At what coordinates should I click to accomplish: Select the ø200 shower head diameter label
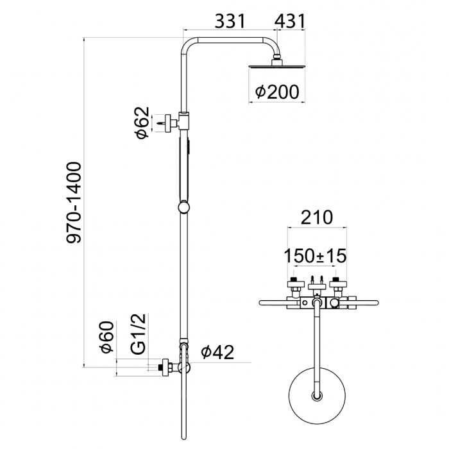pos(277,92)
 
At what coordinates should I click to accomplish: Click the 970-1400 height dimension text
pos(75,202)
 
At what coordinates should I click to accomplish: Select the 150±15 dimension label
pos(315,255)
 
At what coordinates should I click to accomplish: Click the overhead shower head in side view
pos(276,67)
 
